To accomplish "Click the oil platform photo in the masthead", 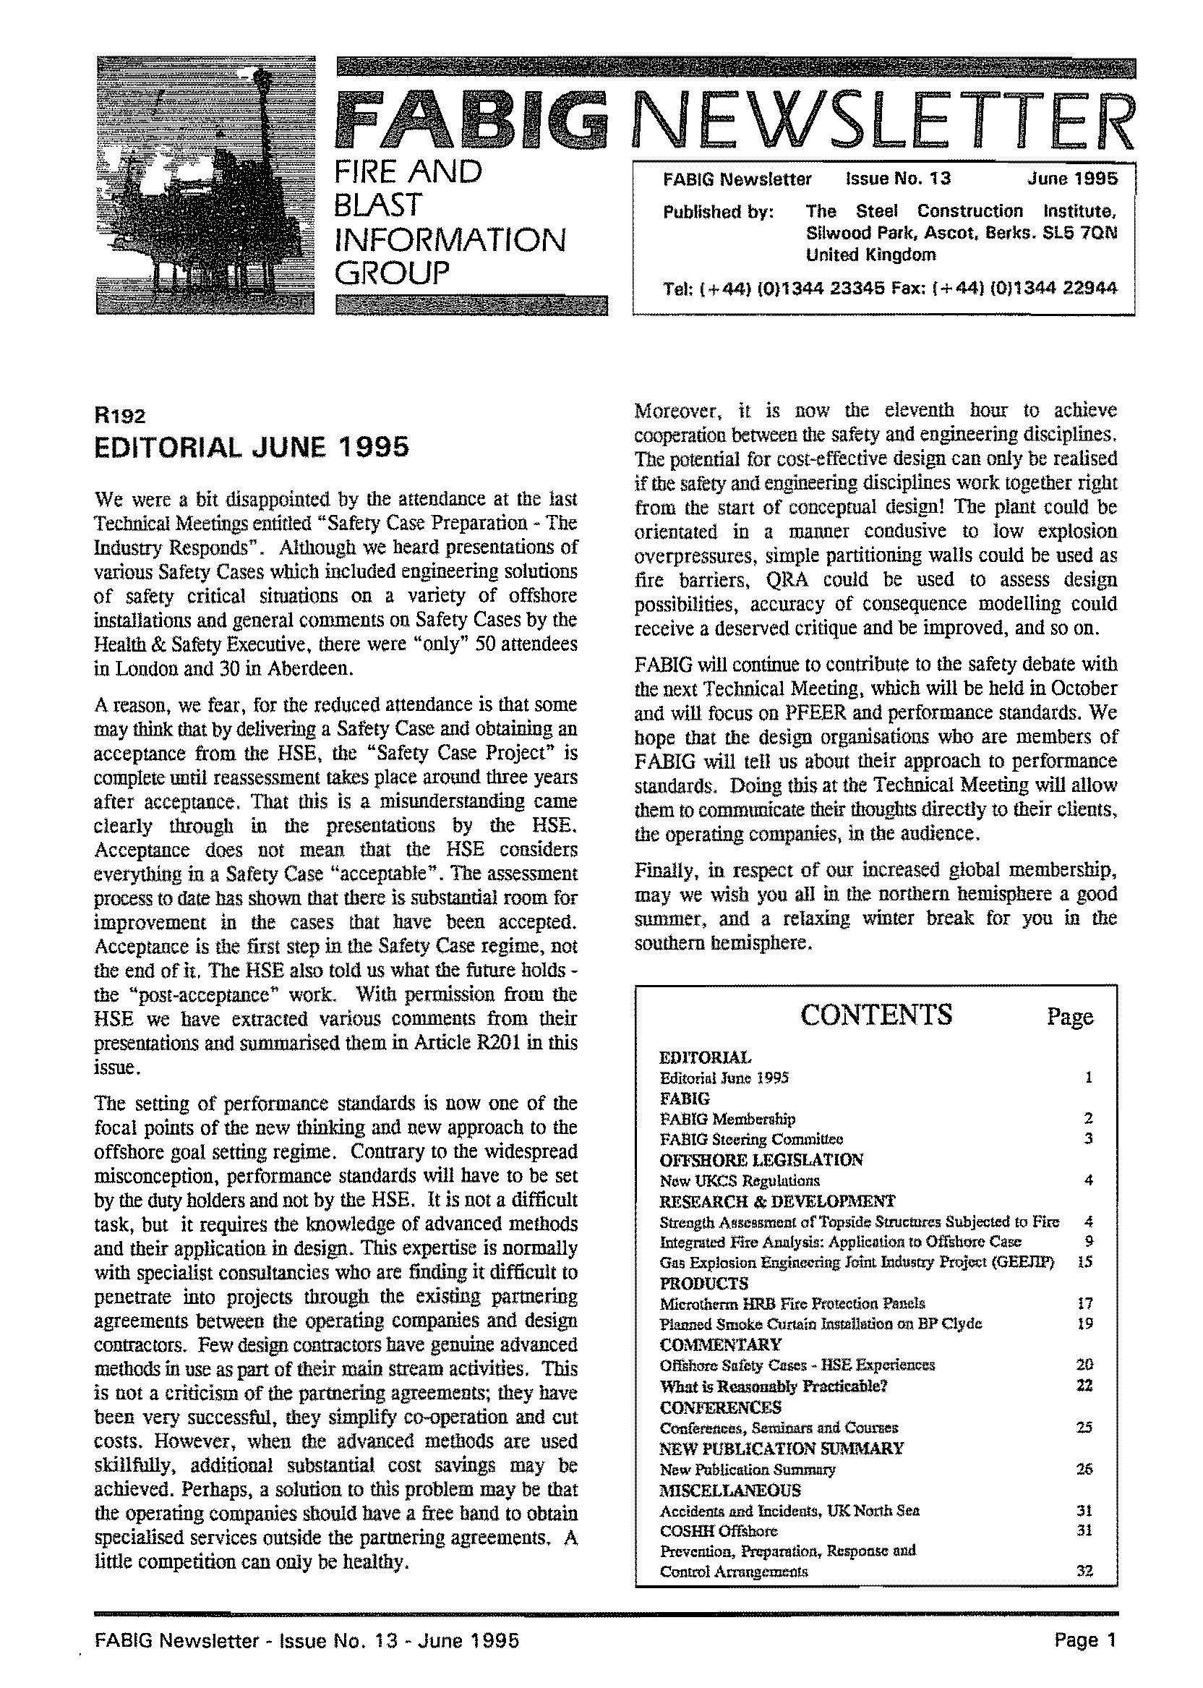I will click(205, 185).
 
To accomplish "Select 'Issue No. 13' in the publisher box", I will click(898, 179).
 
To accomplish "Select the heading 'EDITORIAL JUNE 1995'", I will click(252, 448).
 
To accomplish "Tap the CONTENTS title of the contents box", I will click(876, 1015).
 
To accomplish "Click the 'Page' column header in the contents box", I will click(1070, 1017).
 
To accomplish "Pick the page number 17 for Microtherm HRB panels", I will click(1085, 1303).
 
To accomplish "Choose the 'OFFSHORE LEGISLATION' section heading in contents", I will click(761, 1159).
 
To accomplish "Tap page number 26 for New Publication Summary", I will click(1084, 1469).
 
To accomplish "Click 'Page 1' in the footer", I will click(1084, 1639).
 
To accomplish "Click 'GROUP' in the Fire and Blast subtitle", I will click(392, 274).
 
